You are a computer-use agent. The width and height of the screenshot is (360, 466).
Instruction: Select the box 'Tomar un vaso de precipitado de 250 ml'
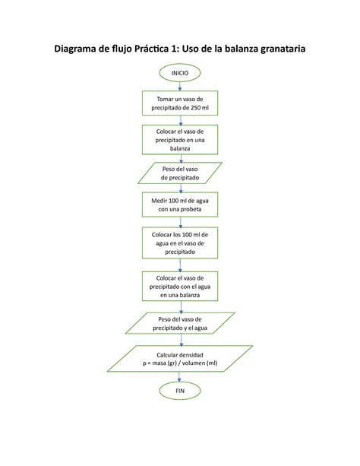(x=179, y=103)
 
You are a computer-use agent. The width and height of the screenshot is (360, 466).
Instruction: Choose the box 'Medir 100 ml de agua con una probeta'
(x=179, y=204)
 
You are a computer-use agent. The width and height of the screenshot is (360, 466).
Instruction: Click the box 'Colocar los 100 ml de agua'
(x=179, y=243)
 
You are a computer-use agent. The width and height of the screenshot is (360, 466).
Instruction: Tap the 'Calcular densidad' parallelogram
(x=179, y=358)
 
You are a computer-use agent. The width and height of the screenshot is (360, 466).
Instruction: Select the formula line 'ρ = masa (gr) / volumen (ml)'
(x=179, y=363)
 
